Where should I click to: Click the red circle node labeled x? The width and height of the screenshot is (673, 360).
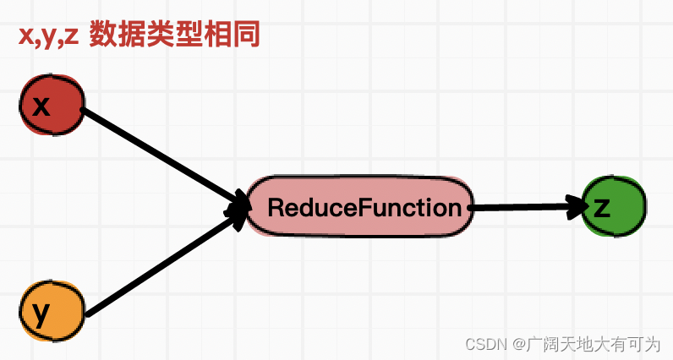coord(52,106)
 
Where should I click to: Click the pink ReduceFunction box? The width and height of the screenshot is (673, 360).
coord(358,206)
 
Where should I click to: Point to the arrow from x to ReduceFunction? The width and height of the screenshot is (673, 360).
coord(161,156)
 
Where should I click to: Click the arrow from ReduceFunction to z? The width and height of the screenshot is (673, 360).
coord(524,206)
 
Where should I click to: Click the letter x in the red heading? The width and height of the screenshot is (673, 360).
coord(26,36)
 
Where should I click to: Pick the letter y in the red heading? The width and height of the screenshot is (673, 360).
coord(50,38)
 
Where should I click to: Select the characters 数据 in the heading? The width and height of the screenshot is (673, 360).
coord(118,35)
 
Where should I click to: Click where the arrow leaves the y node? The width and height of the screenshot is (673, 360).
coord(90,313)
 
